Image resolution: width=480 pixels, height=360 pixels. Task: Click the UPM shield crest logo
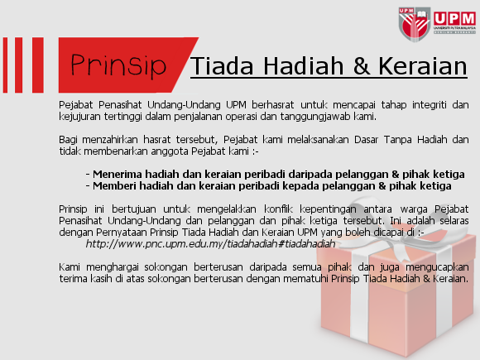(x=415, y=24)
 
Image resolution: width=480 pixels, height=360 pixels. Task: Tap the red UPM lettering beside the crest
(x=454, y=19)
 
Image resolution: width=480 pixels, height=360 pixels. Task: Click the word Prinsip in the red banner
(x=118, y=65)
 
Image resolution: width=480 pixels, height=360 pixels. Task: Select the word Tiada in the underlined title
(x=223, y=66)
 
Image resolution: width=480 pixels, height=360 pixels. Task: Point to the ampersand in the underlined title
(x=362, y=66)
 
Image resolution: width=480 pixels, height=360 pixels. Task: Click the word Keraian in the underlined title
(x=423, y=66)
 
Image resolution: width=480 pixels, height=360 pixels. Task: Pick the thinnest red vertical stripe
(x=5, y=65)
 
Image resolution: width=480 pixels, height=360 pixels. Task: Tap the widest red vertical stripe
(x=38, y=65)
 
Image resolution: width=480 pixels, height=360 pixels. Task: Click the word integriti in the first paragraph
(x=430, y=105)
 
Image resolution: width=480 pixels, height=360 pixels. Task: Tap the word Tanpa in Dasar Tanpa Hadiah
(x=397, y=140)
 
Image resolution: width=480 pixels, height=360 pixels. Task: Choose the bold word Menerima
(x=118, y=174)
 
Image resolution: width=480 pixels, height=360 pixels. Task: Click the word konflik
(x=278, y=209)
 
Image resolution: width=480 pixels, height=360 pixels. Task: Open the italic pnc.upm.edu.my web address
(x=210, y=244)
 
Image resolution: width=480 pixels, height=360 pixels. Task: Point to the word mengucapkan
(x=437, y=267)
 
